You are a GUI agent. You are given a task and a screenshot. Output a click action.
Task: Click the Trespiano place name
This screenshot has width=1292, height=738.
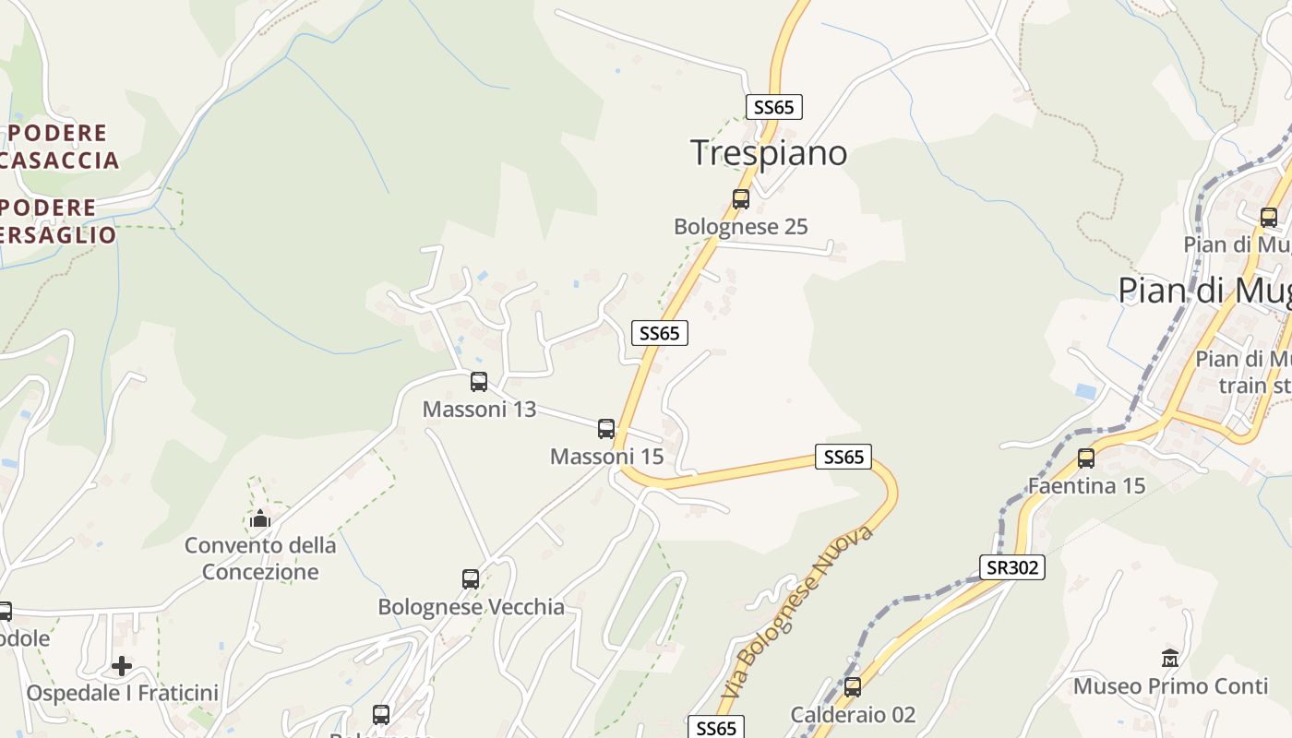[x=769, y=153]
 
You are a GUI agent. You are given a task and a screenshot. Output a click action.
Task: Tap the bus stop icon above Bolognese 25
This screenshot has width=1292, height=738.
[x=740, y=198]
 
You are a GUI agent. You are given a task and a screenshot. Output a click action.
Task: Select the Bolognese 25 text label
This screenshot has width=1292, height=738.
[x=740, y=226]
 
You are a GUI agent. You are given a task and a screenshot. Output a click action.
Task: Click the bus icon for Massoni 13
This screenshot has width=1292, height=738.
[x=478, y=381]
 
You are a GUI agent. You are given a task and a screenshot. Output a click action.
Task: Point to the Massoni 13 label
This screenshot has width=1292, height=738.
[x=479, y=409]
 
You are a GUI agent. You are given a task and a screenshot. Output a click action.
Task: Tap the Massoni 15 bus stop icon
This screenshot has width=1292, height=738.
[x=605, y=428]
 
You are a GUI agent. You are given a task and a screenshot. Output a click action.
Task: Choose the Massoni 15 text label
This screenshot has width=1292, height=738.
[x=606, y=456]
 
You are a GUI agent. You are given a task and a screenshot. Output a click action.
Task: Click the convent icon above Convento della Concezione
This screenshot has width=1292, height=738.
[x=260, y=518]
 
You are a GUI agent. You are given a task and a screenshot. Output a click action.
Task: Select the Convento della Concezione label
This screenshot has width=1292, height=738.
[x=260, y=558]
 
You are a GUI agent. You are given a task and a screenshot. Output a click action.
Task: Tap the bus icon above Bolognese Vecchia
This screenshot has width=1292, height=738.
[x=471, y=578]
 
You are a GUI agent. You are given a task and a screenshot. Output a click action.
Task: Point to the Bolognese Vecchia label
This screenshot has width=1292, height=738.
[x=471, y=607]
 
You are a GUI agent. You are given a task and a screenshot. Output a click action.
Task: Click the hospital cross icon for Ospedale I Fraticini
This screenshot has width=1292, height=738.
[x=122, y=665]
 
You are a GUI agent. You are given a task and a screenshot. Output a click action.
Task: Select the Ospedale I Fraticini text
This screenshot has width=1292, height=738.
[x=122, y=693]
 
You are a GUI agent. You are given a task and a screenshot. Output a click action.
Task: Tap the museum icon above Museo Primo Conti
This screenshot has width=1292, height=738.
[x=1170, y=658]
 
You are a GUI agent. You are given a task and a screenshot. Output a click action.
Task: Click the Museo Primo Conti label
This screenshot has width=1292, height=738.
[x=1170, y=686]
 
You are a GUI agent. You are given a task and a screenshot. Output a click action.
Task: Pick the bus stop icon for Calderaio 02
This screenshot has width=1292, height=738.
[x=852, y=686]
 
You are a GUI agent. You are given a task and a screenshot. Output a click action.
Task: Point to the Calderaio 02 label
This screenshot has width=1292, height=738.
[x=853, y=714]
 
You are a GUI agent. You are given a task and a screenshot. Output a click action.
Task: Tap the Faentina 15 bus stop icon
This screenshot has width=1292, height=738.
[x=1086, y=458]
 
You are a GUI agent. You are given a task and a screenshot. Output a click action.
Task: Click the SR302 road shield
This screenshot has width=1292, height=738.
[x=1012, y=567]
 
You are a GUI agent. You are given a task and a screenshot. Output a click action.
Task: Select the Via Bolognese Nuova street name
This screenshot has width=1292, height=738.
[x=797, y=612]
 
